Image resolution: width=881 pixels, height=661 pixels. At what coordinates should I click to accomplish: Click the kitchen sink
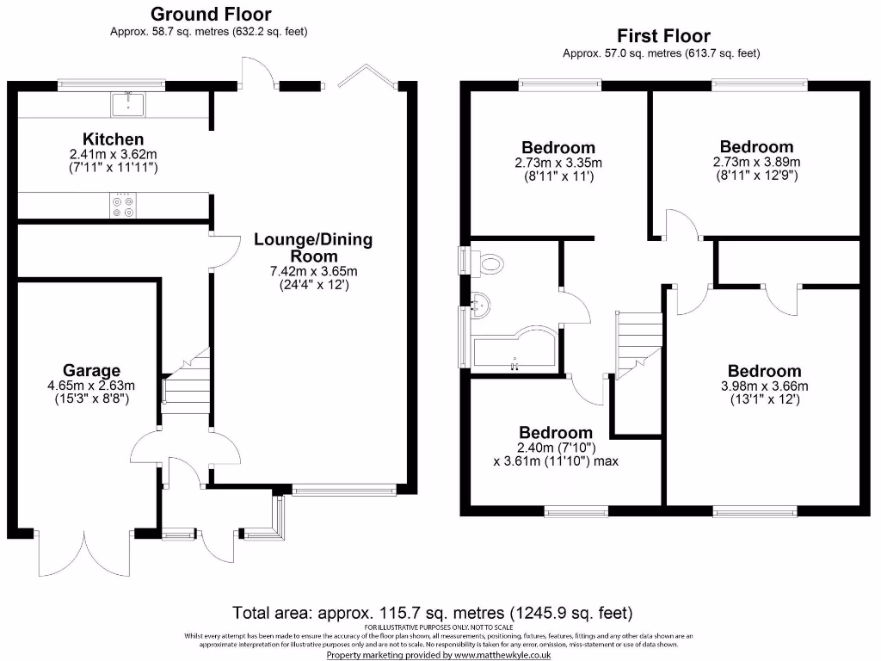point(128,104)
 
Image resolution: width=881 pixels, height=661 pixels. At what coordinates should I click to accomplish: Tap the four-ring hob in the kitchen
point(123,206)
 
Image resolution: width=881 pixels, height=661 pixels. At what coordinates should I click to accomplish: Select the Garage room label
point(91,370)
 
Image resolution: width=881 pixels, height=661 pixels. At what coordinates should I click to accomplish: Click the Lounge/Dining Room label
point(313,247)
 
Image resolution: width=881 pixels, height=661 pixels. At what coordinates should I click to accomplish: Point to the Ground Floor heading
point(211,14)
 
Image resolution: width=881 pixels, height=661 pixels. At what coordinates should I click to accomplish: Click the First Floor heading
point(663,36)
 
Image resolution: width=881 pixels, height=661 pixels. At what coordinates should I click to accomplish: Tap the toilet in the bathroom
point(487,263)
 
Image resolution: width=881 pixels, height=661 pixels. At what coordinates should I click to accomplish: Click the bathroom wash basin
point(481,305)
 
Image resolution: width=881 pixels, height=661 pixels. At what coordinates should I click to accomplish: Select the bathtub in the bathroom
point(514,349)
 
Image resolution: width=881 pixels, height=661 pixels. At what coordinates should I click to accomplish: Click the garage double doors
point(84,553)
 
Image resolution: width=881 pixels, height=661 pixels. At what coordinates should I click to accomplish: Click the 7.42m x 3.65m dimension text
point(313,271)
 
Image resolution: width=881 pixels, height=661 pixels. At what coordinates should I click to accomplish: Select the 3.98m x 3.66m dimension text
point(765,386)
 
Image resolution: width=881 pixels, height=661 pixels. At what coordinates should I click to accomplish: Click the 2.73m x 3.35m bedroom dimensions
point(558,163)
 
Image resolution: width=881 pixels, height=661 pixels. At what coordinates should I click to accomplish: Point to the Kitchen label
point(113,139)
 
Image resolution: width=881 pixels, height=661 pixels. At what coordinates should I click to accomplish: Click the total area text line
point(433,612)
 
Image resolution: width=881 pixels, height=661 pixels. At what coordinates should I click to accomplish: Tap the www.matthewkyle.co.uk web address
point(502,655)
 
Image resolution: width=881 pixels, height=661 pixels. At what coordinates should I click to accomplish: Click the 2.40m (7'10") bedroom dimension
point(557,448)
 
